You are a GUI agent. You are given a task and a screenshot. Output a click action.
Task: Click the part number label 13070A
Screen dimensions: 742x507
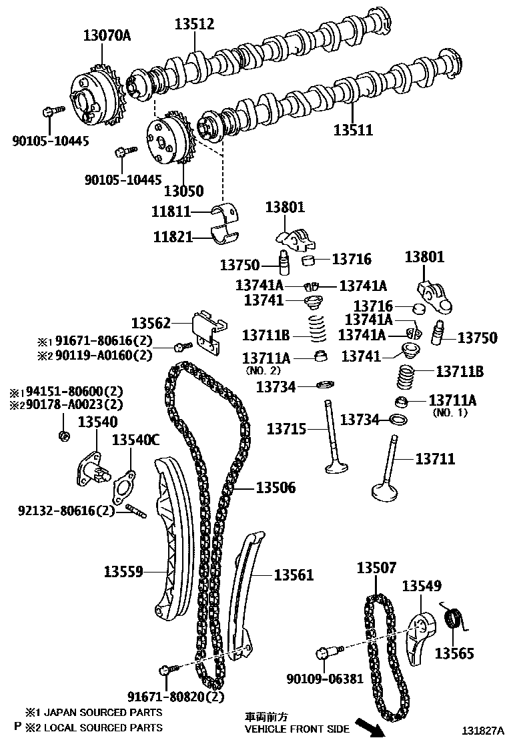click(107, 35)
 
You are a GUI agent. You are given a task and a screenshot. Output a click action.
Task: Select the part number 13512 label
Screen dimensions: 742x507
click(194, 24)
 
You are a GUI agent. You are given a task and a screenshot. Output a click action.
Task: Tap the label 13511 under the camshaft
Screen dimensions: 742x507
click(353, 129)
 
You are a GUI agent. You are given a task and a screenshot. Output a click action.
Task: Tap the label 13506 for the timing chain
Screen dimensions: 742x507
click(276, 488)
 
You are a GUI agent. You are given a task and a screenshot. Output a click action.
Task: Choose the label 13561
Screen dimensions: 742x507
click(294, 575)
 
